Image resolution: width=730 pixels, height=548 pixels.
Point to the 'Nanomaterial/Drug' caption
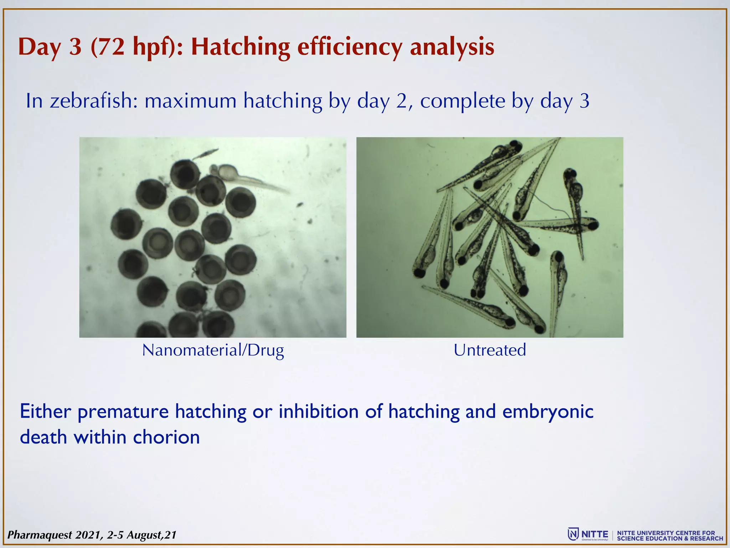pyautogui.click(x=213, y=350)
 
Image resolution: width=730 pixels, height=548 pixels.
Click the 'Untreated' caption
pyautogui.click(x=489, y=350)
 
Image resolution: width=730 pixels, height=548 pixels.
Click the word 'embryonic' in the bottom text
pyautogui.click(x=548, y=411)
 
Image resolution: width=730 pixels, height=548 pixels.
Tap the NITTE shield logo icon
pyautogui.click(x=573, y=534)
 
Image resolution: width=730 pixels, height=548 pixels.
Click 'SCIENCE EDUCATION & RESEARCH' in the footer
pyautogui.click(x=670, y=538)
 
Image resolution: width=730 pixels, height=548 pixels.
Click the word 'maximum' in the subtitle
pyautogui.click(x=190, y=101)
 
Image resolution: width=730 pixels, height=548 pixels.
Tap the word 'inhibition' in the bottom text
pyautogui.click(x=318, y=411)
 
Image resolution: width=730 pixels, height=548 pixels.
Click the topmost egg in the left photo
pyautogui.click(x=185, y=174)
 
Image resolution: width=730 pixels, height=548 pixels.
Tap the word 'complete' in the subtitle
pyautogui.click(x=462, y=101)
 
